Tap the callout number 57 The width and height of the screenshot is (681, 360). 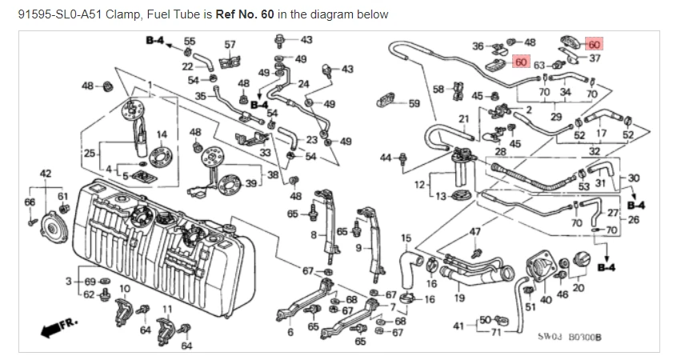[230, 44]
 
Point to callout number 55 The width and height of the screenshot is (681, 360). [190, 40]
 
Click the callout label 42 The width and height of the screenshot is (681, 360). [46, 173]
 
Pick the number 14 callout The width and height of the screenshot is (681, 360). [162, 134]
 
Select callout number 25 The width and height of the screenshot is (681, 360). [89, 153]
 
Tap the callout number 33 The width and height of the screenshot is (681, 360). [265, 152]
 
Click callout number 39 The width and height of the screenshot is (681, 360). [250, 183]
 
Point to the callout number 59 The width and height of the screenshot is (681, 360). [414, 103]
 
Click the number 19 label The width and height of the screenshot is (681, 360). [459, 298]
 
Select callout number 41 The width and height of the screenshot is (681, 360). [459, 326]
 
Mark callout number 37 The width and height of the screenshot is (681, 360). [595, 58]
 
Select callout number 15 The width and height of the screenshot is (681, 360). [406, 238]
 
